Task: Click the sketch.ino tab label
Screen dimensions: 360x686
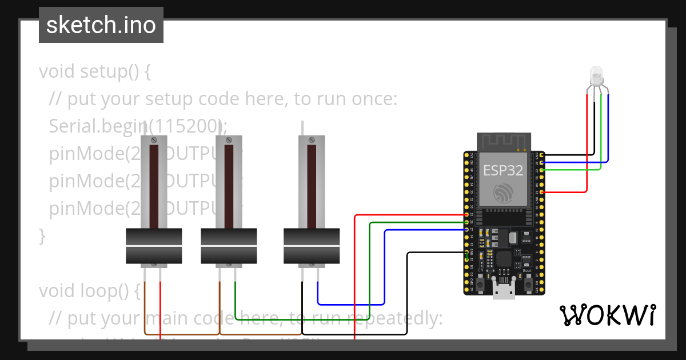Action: (101, 25)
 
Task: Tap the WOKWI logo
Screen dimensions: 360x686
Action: (607, 315)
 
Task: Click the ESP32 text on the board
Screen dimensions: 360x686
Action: (503, 170)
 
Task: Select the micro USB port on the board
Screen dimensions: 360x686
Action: (504, 291)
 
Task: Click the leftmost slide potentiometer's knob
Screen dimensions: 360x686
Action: (153, 246)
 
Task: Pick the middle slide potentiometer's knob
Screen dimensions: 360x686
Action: (229, 246)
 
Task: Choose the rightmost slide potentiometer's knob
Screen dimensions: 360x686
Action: (312, 246)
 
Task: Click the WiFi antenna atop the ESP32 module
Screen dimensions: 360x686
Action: (504, 141)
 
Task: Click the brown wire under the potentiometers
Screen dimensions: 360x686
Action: (183, 333)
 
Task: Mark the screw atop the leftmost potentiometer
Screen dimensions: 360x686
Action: (154, 140)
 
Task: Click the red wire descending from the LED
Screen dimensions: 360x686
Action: (587, 143)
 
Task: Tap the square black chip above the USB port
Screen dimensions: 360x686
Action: (504, 259)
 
